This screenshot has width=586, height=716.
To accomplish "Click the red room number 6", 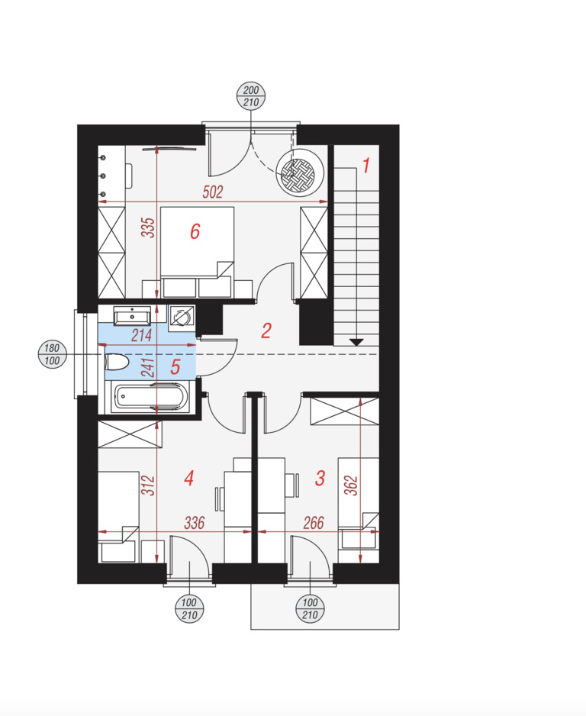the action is click(195, 231).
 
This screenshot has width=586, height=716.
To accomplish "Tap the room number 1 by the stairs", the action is click(366, 166).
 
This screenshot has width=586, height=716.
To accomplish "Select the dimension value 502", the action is click(213, 192).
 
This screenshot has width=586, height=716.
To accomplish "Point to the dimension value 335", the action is click(148, 227).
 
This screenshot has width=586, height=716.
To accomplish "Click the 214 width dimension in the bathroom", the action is click(141, 336).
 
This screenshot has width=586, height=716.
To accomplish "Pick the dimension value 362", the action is click(351, 485).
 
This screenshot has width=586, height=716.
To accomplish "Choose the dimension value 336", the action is click(195, 523).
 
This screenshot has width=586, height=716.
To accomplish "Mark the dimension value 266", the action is click(314, 523).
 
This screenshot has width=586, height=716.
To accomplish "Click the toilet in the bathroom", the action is click(118, 363).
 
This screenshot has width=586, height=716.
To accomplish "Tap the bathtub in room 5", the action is click(150, 396).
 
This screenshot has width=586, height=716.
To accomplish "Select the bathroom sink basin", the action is click(132, 315).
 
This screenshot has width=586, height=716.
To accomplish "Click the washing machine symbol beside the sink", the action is click(182, 318).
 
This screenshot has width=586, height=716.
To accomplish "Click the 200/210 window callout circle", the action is click(251, 96).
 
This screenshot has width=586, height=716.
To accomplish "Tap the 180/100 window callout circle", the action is click(52, 354).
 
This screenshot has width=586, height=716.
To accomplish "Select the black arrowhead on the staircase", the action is click(356, 342).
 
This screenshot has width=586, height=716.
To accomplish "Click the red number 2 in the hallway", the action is click(266, 331).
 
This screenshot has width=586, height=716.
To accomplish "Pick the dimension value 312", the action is click(148, 485).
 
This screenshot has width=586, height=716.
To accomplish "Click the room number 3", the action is click(320, 478).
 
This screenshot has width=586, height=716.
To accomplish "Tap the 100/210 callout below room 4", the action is click(189, 609).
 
